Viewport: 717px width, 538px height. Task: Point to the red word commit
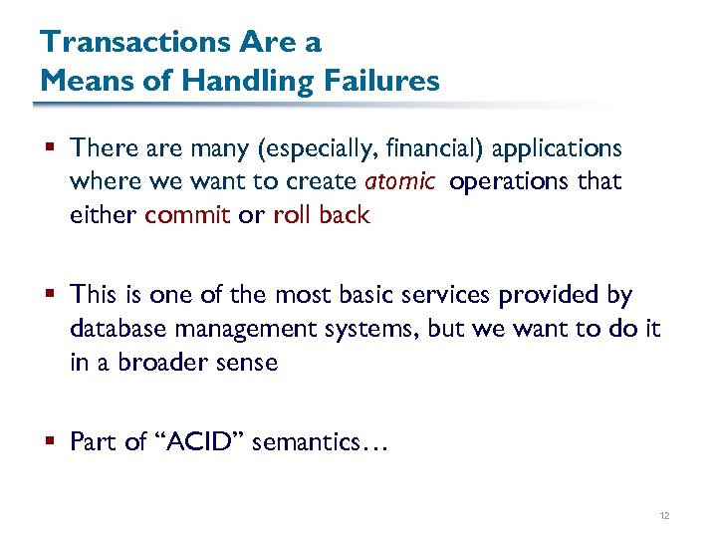pyautogui.click(x=187, y=215)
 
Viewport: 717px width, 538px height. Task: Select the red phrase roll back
pyautogui.click(x=321, y=215)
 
